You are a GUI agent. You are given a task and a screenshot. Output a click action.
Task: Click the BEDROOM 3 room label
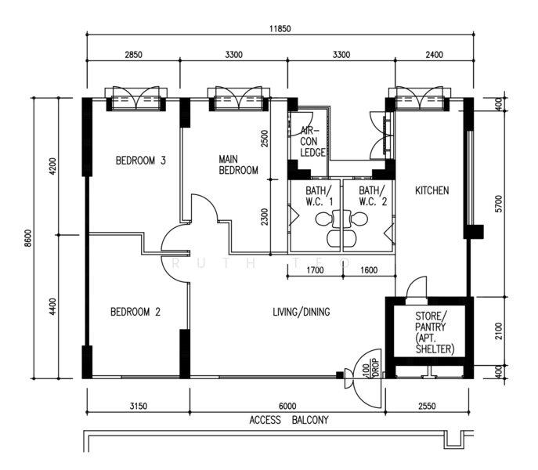pos(141,161)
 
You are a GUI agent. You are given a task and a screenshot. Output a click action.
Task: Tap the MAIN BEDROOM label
pos(239,164)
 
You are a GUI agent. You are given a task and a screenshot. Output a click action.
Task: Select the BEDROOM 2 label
pos(135,312)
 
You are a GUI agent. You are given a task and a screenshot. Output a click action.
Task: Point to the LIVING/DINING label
pos(301,312)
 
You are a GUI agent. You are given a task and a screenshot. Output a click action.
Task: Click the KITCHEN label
pos(432,190)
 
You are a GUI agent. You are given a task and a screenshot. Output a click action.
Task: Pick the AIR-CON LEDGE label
pos(312,142)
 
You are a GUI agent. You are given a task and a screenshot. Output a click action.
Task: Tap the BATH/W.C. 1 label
pos(319,196)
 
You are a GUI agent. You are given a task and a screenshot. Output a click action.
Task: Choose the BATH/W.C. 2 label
pos(373,196)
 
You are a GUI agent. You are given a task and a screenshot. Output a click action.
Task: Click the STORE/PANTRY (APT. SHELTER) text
pos(435,332)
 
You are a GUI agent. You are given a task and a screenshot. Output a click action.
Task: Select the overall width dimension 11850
pos(280,28)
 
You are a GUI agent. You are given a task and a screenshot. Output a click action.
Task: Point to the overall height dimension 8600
pos(28,238)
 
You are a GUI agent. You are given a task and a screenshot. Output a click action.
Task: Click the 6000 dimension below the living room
pos(287,406)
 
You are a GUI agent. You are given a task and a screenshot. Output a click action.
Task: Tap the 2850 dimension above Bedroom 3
pos(133,55)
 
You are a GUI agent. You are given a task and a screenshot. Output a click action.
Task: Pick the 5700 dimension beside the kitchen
pos(498,204)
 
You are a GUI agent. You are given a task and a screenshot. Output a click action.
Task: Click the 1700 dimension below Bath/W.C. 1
pos(315,270)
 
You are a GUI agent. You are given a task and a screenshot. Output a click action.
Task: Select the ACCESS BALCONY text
pos(289,420)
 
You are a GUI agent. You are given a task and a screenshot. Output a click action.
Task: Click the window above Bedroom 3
pos(136,99)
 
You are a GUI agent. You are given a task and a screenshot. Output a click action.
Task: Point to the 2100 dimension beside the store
pos(498,331)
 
